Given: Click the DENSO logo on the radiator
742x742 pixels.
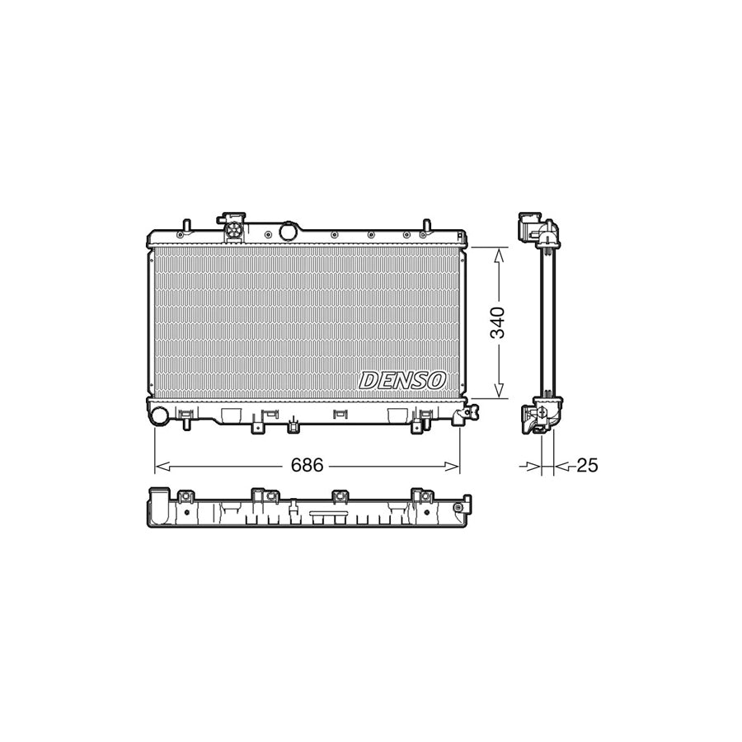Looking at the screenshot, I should pos(402,380).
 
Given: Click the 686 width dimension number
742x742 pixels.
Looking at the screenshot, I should pos(307,466).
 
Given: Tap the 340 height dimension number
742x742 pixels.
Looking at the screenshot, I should pos(499,322).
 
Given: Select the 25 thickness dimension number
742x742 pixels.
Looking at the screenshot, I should pos(587,466).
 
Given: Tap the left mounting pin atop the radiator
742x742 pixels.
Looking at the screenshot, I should pos(186,225).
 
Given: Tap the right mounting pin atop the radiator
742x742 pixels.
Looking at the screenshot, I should pos(427,225).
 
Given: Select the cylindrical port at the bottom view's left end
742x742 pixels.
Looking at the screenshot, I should pos(154,507).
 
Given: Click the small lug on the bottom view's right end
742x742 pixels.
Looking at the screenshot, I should pos(467,502).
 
